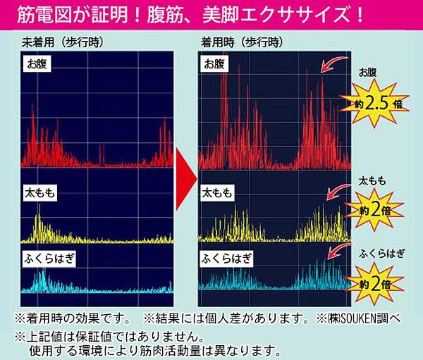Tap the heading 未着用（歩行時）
coord(63,42)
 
